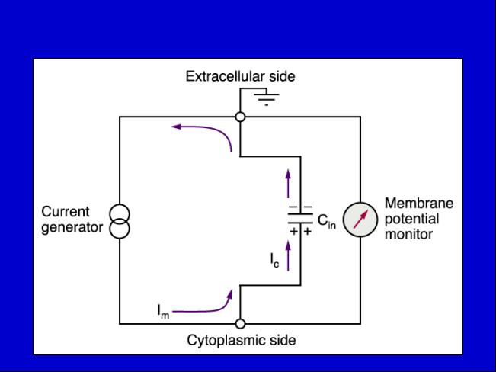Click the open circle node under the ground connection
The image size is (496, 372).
241,117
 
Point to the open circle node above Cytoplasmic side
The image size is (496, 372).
241,324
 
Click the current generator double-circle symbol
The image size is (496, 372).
120,221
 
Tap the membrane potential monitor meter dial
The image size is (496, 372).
360,220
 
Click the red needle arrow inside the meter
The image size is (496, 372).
360,219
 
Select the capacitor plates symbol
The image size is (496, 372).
300,219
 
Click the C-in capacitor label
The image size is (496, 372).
326,221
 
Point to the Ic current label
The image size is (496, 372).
274,260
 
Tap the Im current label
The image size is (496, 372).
163,311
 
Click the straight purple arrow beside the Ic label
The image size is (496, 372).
288,256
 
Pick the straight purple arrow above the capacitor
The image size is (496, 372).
288,184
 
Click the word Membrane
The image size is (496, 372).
419,204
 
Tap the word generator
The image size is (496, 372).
72,228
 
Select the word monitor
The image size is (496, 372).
408,235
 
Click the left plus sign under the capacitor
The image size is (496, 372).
294,232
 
